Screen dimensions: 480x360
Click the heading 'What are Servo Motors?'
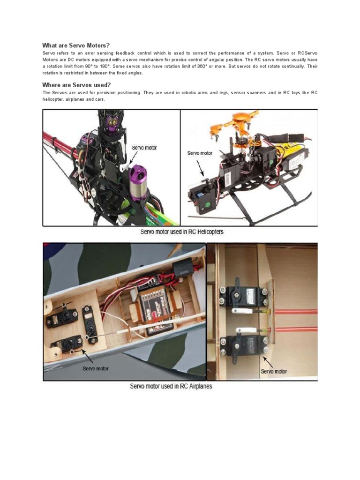[75, 45]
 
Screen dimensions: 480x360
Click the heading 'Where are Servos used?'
[76, 85]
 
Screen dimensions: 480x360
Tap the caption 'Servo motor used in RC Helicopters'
[182, 232]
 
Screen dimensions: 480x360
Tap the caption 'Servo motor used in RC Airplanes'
[171, 386]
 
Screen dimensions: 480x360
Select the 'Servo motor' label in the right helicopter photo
[200, 153]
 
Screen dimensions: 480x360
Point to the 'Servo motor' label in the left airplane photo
[95, 368]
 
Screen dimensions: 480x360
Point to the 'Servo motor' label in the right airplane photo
[274, 371]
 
